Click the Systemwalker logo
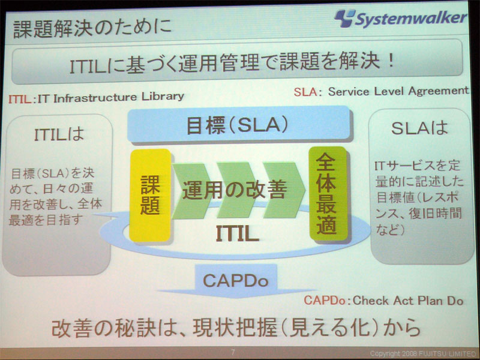tap(400, 19)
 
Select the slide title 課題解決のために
tap(92, 28)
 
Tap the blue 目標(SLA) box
tap(238, 125)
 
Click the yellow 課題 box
tap(150, 196)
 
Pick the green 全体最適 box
tap(328, 194)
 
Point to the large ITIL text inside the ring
tap(237, 234)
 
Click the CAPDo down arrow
tap(236, 281)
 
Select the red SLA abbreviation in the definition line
tap(305, 92)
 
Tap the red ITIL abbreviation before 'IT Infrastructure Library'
tap(20, 99)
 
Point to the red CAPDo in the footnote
tap(325, 301)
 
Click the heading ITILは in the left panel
tap(59, 134)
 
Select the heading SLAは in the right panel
tap(419, 128)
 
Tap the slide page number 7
tap(233, 352)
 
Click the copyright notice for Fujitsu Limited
tap(423, 354)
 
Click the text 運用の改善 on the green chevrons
tap(235, 190)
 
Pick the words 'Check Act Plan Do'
tap(407, 301)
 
